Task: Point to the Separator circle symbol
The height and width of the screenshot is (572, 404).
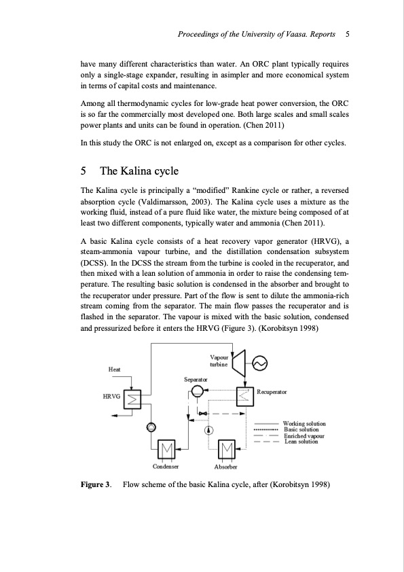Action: (198, 391)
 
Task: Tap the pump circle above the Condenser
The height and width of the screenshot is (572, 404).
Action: (151, 426)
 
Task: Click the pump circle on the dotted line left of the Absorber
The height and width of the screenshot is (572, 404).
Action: (209, 429)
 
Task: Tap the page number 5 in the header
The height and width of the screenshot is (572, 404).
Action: (347, 33)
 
